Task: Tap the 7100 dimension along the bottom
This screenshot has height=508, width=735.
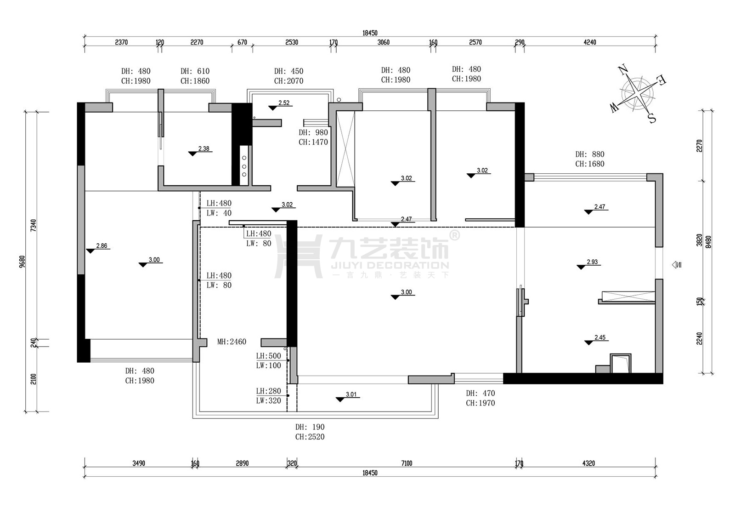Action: (407, 463)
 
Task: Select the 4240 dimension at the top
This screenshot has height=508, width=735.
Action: (590, 42)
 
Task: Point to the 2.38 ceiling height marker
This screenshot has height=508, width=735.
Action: (204, 149)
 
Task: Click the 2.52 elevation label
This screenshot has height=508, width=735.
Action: (284, 103)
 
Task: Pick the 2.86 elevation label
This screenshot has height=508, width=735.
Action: (102, 245)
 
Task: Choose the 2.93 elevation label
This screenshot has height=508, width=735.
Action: (592, 262)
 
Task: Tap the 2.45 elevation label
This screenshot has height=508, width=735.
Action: (600, 337)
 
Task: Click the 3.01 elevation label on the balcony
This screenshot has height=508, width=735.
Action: (351, 394)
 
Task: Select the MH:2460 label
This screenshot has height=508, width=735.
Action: (232, 342)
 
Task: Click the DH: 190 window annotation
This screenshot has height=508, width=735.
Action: (310, 427)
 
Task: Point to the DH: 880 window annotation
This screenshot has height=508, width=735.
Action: (590, 154)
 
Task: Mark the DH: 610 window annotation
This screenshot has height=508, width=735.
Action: (195, 71)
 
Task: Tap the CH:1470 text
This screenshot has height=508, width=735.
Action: (313, 142)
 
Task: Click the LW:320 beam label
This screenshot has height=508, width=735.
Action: (268, 400)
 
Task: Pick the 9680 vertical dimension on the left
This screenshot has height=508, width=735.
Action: (23, 262)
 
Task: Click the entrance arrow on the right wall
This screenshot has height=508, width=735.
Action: (676, 265)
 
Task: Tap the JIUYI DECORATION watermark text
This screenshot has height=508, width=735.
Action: (390, 265)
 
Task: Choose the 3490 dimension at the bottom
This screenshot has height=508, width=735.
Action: (139, 463)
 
